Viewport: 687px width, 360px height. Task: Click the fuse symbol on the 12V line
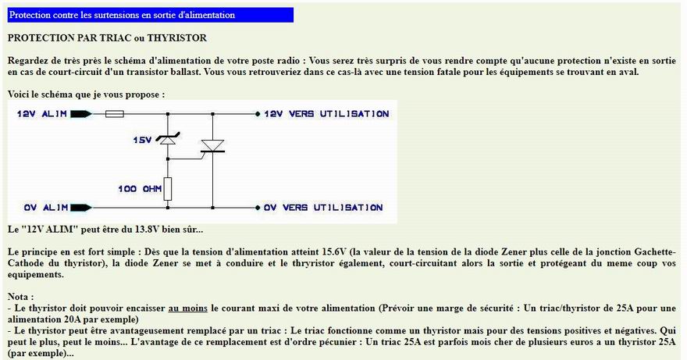click(x=115, y=114)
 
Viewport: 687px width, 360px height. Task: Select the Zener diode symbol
click(x=167, y=140)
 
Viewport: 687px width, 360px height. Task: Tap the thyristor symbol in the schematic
click(x=212, y=146)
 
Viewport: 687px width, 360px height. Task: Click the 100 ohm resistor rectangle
click(x=167, y=189)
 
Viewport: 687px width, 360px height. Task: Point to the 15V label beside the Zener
click(x=142, y=140)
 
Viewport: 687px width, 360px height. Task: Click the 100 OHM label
click(x=140, y=189)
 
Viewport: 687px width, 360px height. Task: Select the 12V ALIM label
click(x=42, y=114)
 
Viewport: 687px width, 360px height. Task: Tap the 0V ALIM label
click(x=45, y=208)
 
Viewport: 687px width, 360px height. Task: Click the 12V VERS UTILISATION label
click(x=326, y=114)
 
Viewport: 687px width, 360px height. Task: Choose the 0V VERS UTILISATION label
click(x=323, y=208)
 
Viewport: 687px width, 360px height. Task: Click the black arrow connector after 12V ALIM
click(x=81, y=114)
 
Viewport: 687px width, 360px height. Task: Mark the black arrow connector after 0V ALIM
click(x=81, y=208)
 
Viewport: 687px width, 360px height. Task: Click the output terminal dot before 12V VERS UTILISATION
click(x=258, y=114)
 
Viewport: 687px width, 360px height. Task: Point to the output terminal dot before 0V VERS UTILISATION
click(x=258, y=208)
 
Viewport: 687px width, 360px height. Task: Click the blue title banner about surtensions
click(x=150, y=15)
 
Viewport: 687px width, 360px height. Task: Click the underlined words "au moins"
click(x=187, y=308)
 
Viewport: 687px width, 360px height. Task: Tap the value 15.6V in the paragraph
click(x=334, y=252)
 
